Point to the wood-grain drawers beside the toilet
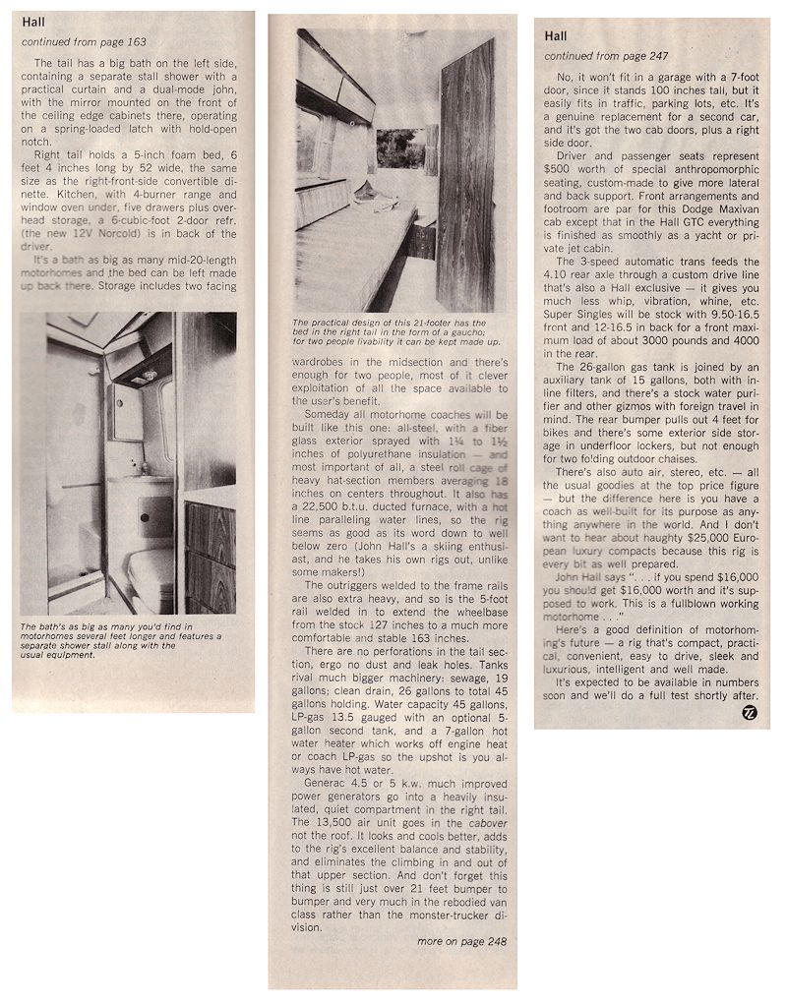(x=210, y=551)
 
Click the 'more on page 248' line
(x=461, y=941)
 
